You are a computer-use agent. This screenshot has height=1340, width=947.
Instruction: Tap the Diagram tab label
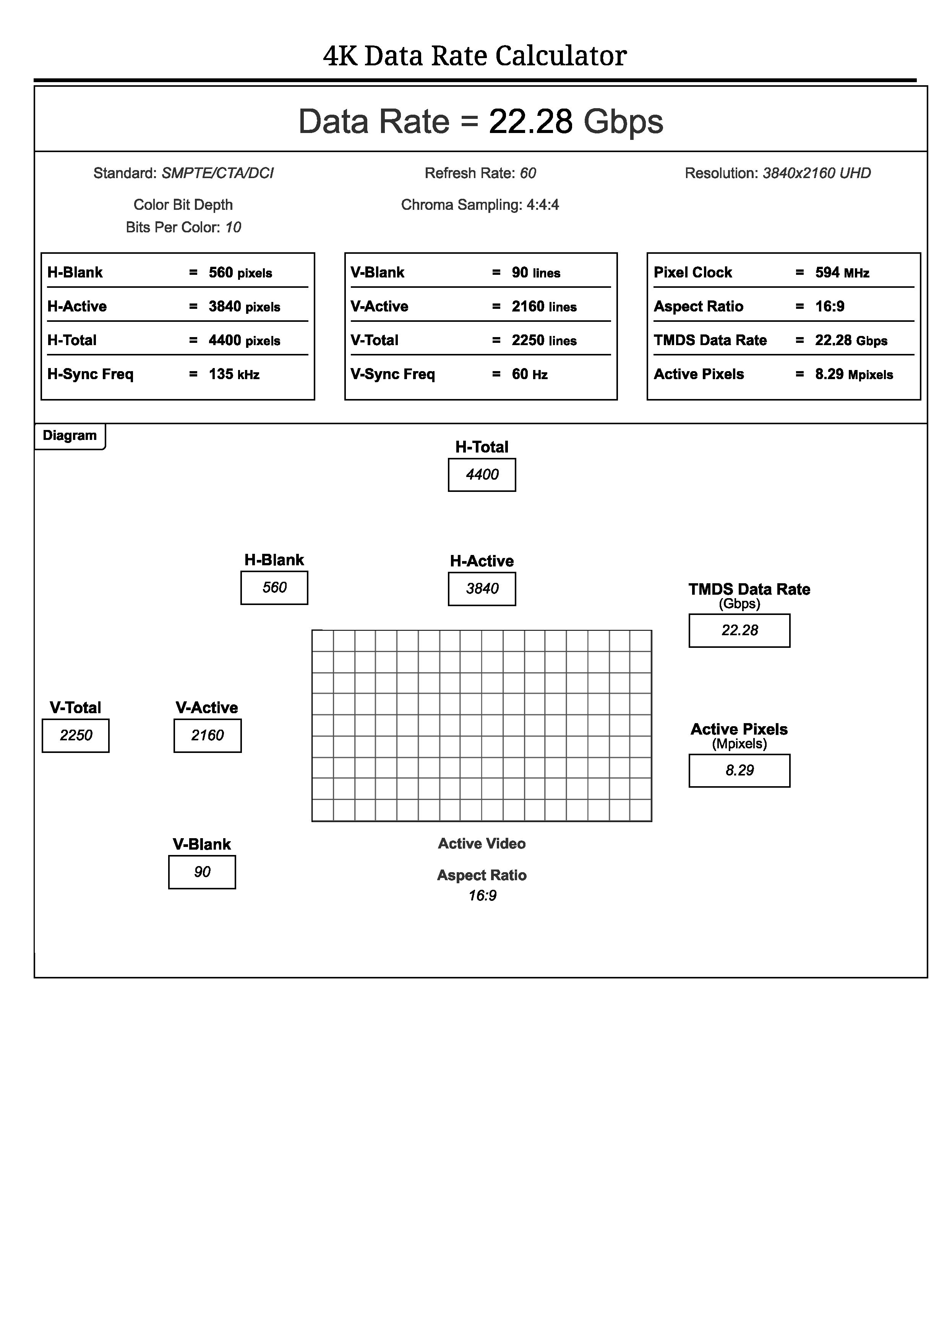pyautogui.click(x=70, y=436)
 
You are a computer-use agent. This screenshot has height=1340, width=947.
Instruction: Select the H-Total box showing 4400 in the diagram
pyautogui.click(x=482, y=474)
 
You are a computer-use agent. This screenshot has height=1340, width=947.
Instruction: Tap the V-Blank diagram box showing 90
pyautogui.click(x=202, y=872)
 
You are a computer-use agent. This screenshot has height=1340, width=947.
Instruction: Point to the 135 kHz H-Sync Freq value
pyautogui.click(x=234, y=374)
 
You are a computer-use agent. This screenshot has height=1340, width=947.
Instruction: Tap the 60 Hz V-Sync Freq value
pyautogui.click(x=529, y=374)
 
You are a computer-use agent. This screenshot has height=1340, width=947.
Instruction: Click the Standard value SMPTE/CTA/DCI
pyautogui.click(x=217, y=174)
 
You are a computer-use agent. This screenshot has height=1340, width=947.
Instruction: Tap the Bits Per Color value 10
pyautogui.click(x=233, y=228)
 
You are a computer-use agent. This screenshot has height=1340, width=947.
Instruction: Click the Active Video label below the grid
pyautogui.click(x=482, y=844)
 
